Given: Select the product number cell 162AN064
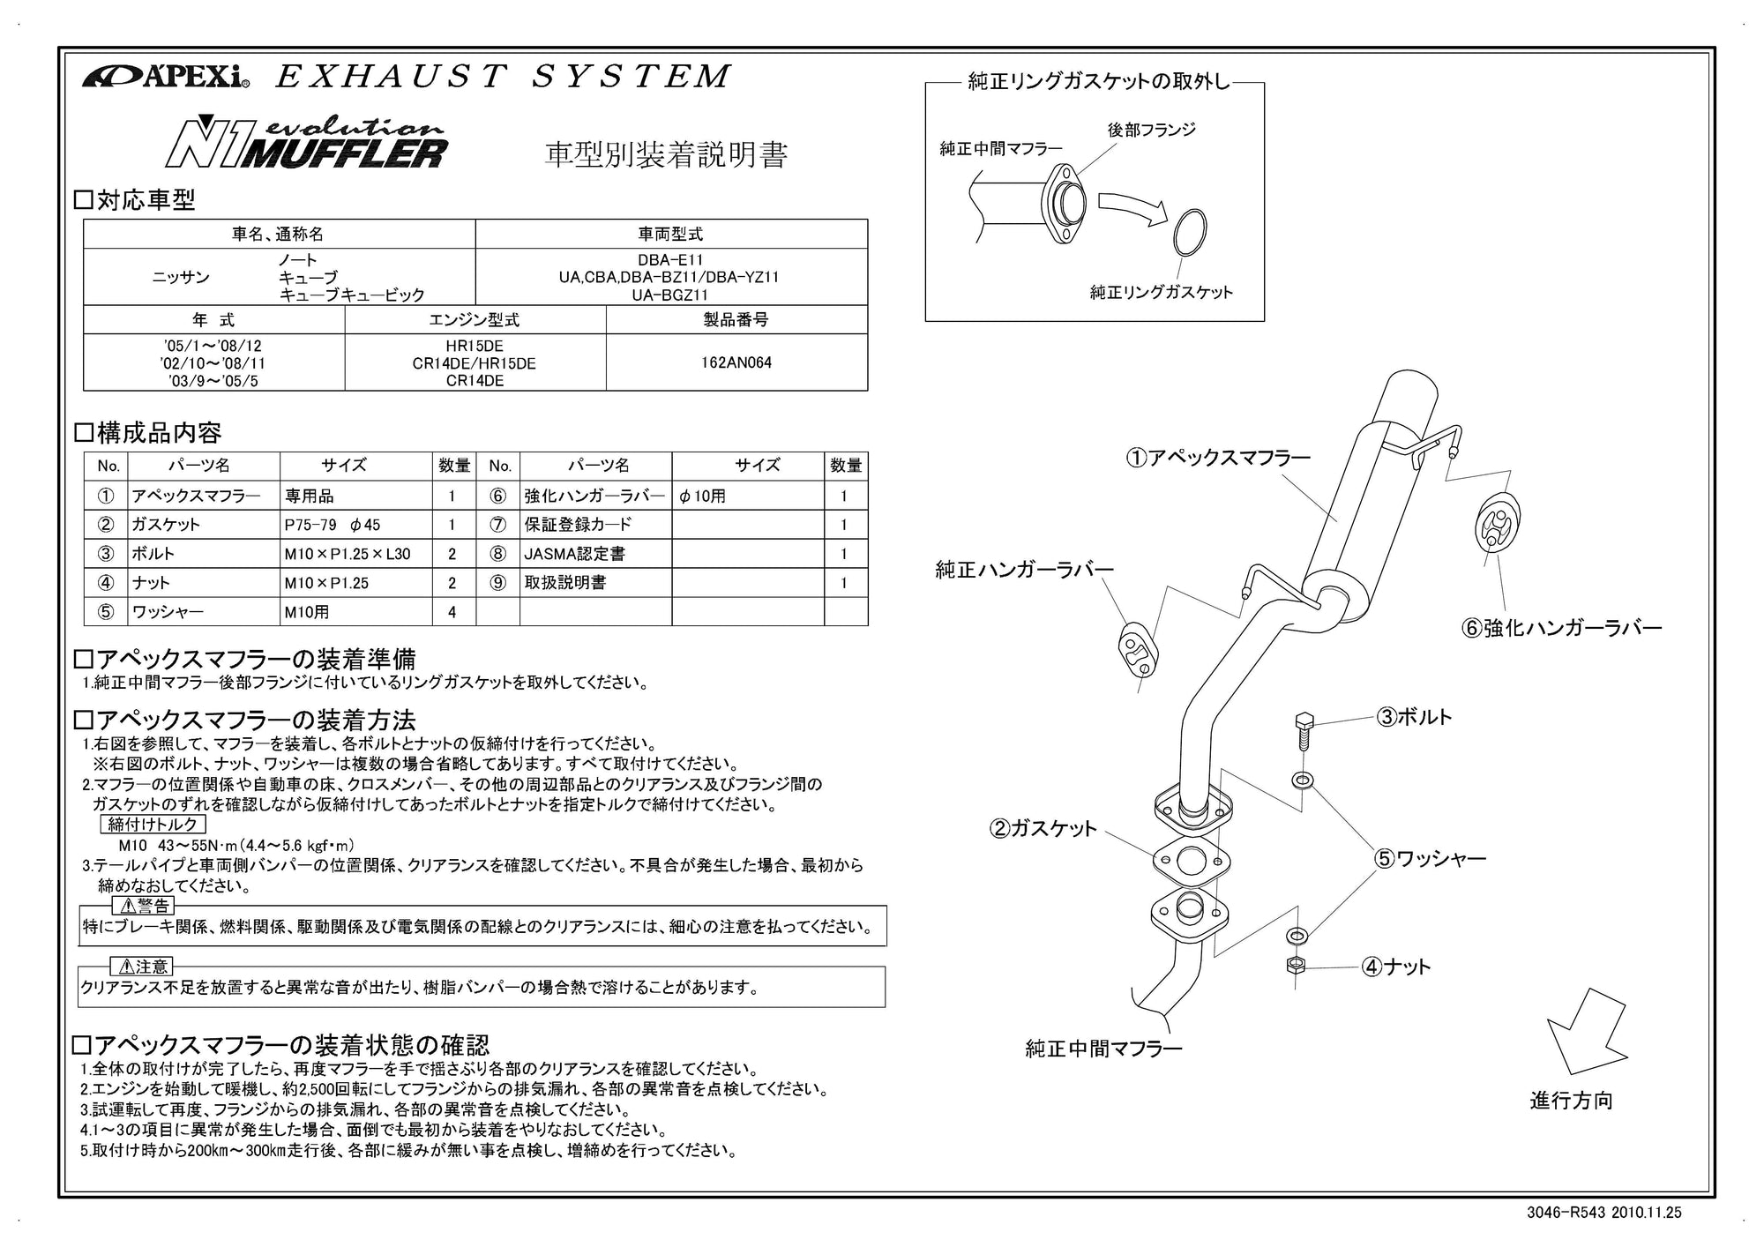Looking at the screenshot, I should pos(736,362).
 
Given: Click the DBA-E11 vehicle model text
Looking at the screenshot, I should pos(670,261).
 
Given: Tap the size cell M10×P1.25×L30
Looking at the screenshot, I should pos(347,554).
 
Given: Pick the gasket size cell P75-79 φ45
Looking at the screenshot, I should pos(333,525).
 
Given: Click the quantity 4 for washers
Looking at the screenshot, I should pos(452,611).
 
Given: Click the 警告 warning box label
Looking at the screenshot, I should pos(143,906).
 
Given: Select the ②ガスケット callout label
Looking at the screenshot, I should pos(1043,828).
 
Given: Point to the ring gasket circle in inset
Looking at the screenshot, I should pos(1189,234).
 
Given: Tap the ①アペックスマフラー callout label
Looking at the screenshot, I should pos(1217,458).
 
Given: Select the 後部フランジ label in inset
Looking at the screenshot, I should pos(1151,130).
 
